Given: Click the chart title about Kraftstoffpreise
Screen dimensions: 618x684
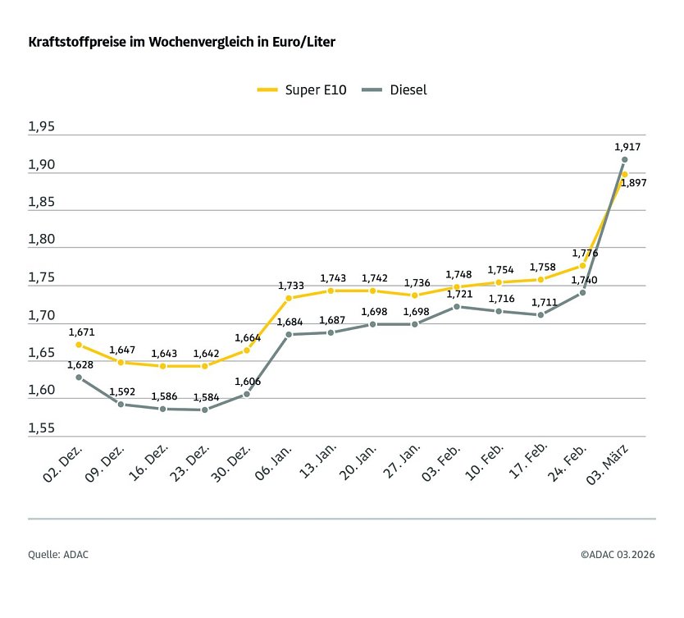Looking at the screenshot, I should pyautogui.click(x=181, y=41).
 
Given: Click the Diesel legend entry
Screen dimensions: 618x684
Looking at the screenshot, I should pyautogui.click(x=397, y=89).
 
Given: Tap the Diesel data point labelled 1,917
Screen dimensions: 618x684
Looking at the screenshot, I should pyautogui.click(x=625, y=159).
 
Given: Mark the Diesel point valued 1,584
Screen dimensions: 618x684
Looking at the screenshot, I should pyautogui.click(x=204, y=410).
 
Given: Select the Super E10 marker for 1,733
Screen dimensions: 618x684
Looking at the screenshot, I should pyautogui.click(x=289, y=298).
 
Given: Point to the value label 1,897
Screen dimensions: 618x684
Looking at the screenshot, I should pyautogui.click(x=633, y=184).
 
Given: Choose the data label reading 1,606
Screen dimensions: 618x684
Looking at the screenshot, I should pyautogui.click(x=248, y=382).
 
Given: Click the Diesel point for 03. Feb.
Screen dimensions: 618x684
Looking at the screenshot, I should pyautogui.click(x=457, y=307).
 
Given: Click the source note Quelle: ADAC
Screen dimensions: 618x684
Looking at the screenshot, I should pyautogui.click(x=58, y=555).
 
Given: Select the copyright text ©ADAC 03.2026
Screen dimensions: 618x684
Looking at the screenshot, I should pyautogui.click(x=618, y=555).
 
